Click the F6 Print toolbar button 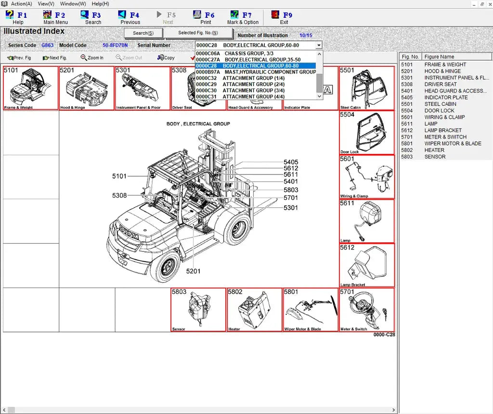206,18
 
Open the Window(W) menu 73,3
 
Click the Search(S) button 143,33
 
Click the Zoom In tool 92,58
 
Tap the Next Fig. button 55,58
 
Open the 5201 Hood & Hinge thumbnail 87,88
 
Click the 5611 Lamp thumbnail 367,221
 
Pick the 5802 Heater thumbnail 254,310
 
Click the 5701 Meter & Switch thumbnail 367,310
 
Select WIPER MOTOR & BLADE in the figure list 453,143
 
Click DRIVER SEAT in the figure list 440,84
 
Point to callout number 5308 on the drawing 119,195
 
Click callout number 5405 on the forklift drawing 291,163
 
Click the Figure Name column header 439,57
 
